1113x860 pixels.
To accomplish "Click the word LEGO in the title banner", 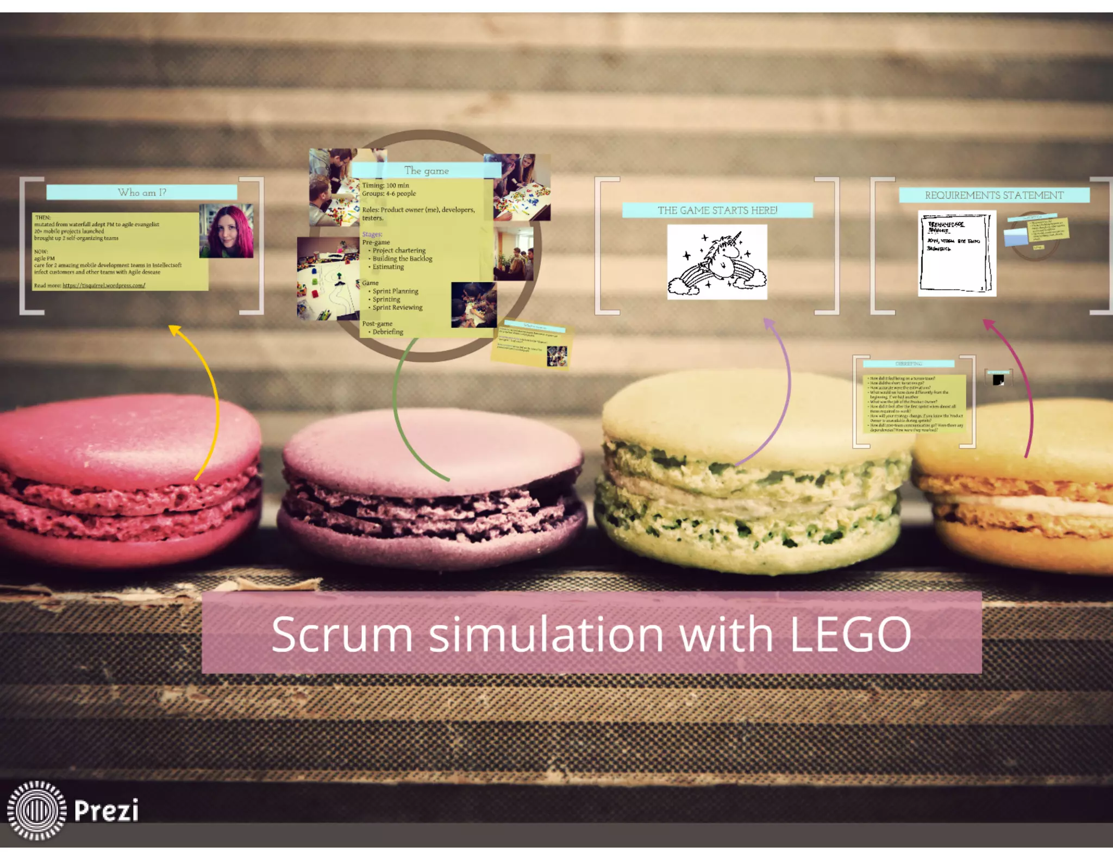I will point(850,634).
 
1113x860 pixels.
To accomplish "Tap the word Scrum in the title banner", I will point(342,634).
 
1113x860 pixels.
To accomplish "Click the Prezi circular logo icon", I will point(36,810).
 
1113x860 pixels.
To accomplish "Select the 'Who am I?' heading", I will point(142,192).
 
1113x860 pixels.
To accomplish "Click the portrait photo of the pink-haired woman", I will point(227,230).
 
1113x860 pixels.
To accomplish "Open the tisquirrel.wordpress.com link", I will point(104,285).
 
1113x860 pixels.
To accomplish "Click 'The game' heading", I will point(427,171).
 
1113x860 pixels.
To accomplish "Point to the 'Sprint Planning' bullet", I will point(395,291).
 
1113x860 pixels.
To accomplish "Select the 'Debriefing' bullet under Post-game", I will point(387,332).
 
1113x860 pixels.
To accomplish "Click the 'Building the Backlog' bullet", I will point(402,259).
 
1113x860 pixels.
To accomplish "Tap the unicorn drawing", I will point(717,262).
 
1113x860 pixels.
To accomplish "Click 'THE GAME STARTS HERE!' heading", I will point(717,210).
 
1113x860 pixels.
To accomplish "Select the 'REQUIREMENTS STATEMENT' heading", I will point(994,195).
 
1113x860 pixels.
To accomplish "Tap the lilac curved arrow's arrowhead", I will point(768,324).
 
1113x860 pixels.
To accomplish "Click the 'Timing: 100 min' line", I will point(385,185).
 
